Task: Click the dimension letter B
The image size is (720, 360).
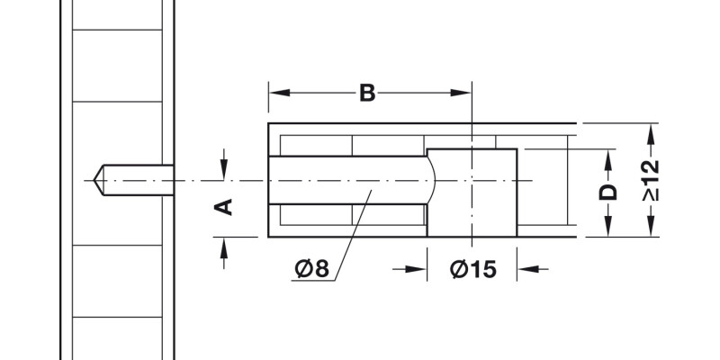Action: pyautogui.click(x=367, y=92)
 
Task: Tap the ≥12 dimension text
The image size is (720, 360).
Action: pyautogui.click(x=651, y=180)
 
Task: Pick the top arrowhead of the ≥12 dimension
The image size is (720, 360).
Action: pyautogui.click(x=651, y=131)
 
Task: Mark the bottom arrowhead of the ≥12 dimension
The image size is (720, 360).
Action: pyautogui.click(x=651, y=229)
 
